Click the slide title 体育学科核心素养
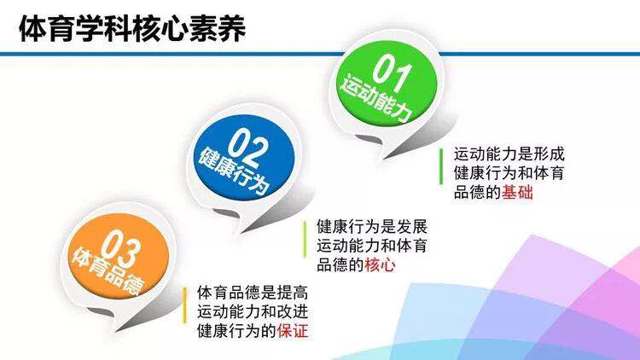(132, 28)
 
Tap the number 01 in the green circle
(391, 72)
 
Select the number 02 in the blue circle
(248, 146)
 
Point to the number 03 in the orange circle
(121, 247)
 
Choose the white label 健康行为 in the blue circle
(234, 171)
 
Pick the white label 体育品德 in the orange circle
(108, 270)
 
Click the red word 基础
(517, 192)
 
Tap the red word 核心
(380, 265)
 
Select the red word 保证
(292, 331)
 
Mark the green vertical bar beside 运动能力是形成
(441, 166)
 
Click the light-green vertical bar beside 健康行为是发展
(305, 239)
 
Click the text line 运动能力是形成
(509, 154)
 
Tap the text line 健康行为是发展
(372, 227)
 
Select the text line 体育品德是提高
(253, 293)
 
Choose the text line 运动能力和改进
(253, 312)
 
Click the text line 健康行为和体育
(509, 173)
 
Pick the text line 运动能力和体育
(372, 246)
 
